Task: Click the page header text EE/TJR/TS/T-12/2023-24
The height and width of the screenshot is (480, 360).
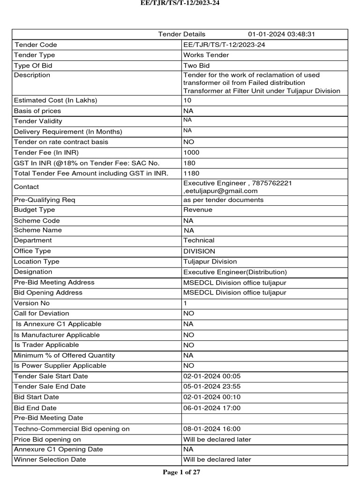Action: [180, 3]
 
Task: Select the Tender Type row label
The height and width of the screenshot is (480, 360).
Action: [35, 55]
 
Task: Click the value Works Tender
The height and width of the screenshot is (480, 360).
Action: [206, 55]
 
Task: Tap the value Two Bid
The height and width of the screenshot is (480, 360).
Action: [196, 66]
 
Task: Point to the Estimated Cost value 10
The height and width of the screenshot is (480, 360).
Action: [187, 100]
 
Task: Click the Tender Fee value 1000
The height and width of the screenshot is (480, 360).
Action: [191, 152]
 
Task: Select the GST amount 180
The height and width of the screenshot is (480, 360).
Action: [189, 163]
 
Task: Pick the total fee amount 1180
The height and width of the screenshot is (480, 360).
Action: [191, 173]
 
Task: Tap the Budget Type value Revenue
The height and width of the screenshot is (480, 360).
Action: [198, 210]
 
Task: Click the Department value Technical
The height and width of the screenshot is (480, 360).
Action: [199, 240]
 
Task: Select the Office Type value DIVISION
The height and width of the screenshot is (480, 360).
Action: [199, 251]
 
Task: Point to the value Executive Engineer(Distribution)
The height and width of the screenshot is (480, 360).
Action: [235, 272]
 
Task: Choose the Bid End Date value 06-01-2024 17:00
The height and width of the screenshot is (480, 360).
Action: [212, 408]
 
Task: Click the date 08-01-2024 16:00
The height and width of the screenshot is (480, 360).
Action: [212, 429]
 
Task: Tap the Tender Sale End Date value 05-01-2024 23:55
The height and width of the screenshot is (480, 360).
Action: [212, 387]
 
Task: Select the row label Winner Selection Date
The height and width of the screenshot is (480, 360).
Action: [50, 460]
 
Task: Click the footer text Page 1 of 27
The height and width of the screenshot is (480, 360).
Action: [181, 472]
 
